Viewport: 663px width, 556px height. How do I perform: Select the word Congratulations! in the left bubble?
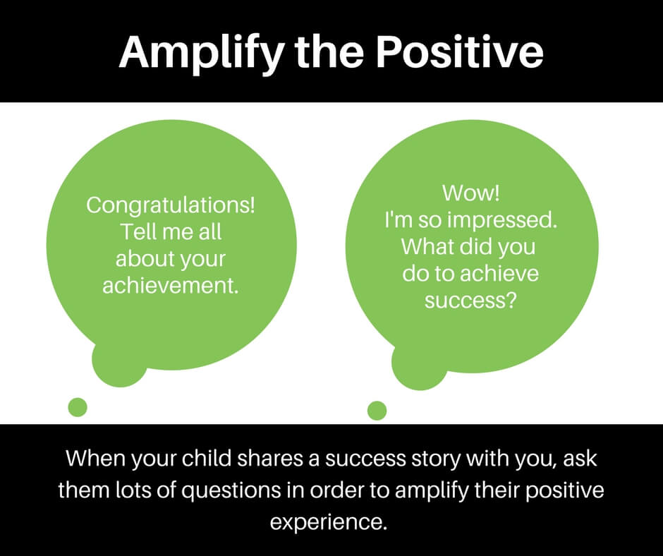[x=171, y=206]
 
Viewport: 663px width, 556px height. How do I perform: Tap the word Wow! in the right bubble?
[x=470, y=193]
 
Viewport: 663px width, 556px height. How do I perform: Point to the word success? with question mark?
[x=470, y=300]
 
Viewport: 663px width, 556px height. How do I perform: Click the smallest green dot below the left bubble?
[x=77, y=407]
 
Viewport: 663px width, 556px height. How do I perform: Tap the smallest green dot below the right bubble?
[x=377, y=410]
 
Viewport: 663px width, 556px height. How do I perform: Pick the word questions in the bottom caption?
[x=222, y=490]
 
